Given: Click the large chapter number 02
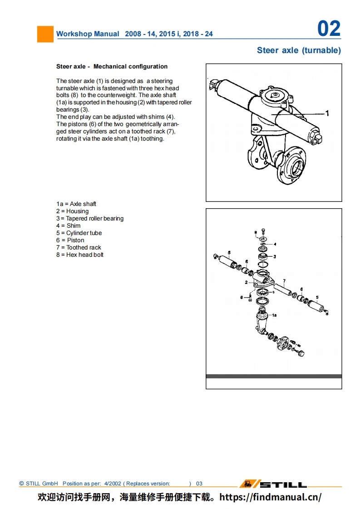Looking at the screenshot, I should click(x=329, y=29).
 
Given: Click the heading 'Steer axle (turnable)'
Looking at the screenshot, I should click(x=299, y=50).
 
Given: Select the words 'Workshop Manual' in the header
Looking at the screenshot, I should click(x=88, y=34).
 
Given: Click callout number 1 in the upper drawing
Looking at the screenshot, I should click(x=327, y=113).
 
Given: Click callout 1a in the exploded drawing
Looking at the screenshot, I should click(x=274, y=314).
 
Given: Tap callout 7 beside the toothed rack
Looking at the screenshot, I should click(x=284, y=281).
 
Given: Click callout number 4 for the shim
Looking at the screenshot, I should click(x=275, y=244).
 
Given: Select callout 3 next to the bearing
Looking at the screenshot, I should click(x=274, y=256).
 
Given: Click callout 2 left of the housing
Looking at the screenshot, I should click(x=247, y=282).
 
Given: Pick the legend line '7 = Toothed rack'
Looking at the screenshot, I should click(x=79, y=248).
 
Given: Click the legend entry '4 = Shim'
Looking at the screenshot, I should click(x=68, y=226).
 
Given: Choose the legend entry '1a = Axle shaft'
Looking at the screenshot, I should click(x=76, y=204).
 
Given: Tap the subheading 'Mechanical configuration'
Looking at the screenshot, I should click(x=130, y=67).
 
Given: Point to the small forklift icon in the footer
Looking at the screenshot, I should click(x=248, y=484).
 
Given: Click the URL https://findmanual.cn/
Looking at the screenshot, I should click(x=270, y=497).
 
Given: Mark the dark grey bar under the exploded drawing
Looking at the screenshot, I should click(x=274, y=376).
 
